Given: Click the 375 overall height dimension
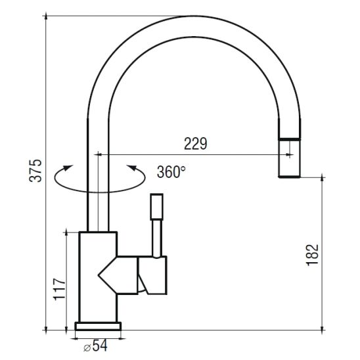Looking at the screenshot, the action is point(36,170).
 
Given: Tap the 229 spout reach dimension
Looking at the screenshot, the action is point(195,144).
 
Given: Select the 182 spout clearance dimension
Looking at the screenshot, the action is point(313,255).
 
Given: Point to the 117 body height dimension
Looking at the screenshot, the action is point(59,289).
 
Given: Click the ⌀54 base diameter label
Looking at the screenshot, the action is point(95,346).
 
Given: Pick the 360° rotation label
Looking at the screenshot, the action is point(171,171).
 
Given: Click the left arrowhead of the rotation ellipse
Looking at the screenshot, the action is point(68,168).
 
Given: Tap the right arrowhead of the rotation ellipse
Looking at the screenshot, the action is point(132,168).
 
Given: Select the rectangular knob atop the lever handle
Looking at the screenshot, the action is point(157,207).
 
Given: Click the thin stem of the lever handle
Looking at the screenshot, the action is point(157,238).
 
